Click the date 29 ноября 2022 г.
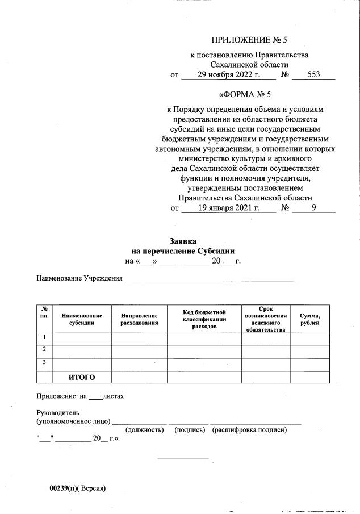click(x=228, y=74)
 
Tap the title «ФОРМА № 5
click(x=245, y=94)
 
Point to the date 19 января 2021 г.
click(x=228, y=208)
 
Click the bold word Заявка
click(x=183, y=241)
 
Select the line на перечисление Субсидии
click(x=183, y=251)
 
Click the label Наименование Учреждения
click(x=79, y=278)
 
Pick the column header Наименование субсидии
click(x=82, y=319)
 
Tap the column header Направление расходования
click(x=139, y=319)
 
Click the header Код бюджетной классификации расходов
click(x=204, y=320)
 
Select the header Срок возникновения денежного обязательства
click(x=266, y=319)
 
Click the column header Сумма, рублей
click(x=310, y=319)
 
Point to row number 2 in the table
click(x=44, y=349)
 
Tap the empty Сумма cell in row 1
click(x=310, y=339)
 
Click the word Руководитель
click(x=58, y=412)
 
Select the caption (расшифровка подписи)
click(x=249, y=430)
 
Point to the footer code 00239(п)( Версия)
click(x=77, y=488)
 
